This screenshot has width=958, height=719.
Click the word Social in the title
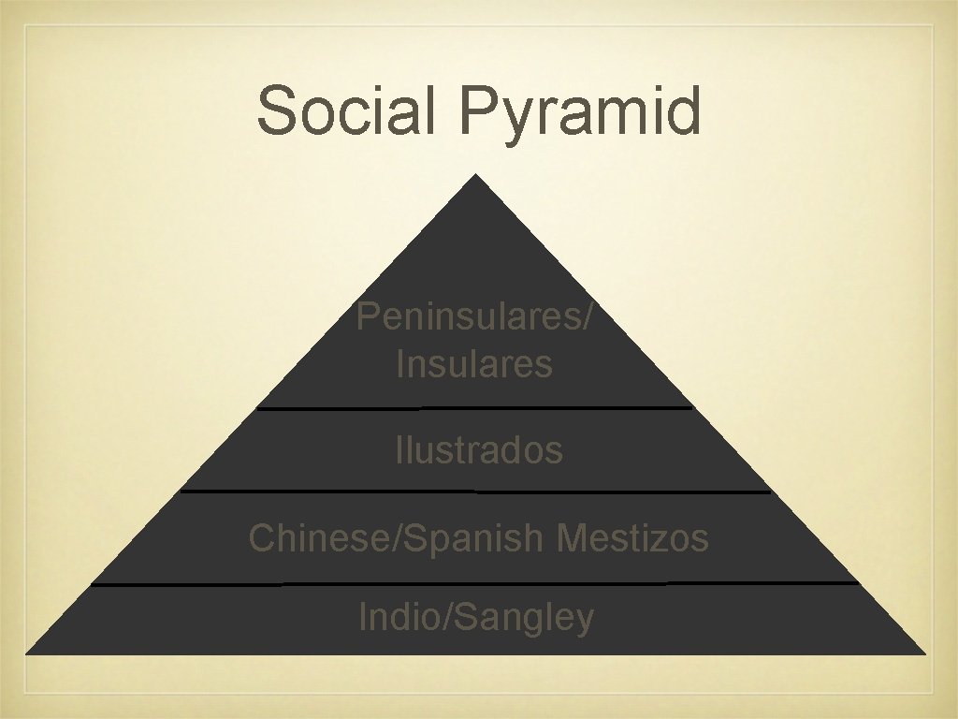coord(351,110)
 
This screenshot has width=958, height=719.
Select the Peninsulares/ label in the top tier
coord(473,318)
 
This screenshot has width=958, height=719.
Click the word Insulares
coord(474,363)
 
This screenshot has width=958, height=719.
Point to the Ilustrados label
coord(478,450)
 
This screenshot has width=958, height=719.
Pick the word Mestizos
coord(632,538)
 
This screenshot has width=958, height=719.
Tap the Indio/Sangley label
coord(476,618)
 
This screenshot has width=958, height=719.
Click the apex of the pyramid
coord(476,176)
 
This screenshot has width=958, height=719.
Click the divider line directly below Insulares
coord(474,408)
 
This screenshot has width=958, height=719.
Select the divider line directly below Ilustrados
coord(474,491)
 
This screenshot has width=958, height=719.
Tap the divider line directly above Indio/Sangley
coord(474,584)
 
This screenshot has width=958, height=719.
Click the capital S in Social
coord(277,110)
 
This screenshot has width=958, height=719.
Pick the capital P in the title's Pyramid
coord(478,110)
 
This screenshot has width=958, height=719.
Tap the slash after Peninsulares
coord(587,318)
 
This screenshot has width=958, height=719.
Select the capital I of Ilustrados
coord(399,450)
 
